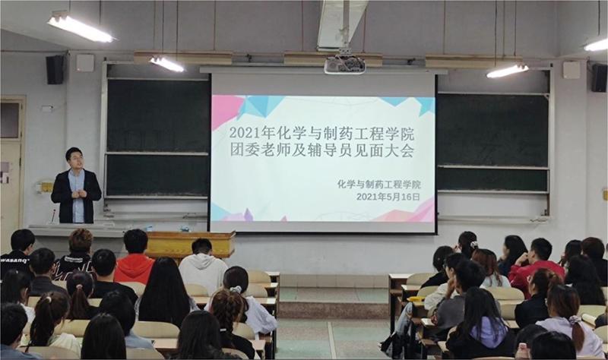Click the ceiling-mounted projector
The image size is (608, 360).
coord(344,65)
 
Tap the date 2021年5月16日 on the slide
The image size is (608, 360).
coord(388,197)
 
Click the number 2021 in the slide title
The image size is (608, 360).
coord(245,134)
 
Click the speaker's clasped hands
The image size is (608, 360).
coord(78,194)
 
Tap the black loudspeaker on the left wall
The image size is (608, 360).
coord(55,69)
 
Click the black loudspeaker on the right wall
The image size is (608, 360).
coord(599,77)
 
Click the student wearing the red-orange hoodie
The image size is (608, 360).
coord(135,259)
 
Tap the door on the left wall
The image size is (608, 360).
coord(12,170)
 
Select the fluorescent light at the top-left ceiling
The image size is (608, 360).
coord(81,28)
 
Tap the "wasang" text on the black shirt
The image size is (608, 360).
coord(14,261)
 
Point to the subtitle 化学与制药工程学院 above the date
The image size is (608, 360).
coord(378,184)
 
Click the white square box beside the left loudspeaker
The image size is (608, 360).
coord(85,63)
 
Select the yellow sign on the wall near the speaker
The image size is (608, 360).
coord(46,187)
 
